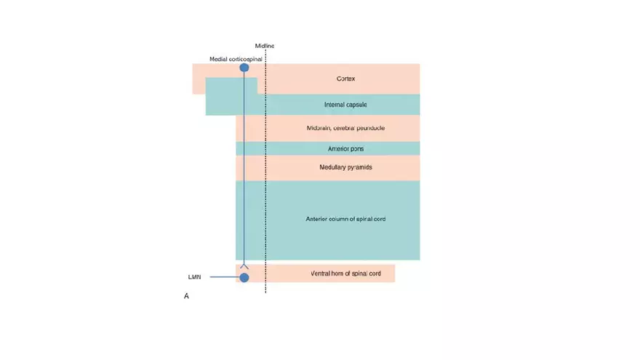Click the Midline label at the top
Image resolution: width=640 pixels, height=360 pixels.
[x=265, y=46]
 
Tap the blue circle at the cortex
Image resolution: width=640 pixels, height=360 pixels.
[x=244, y=68]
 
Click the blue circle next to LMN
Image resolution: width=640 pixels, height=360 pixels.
[x=244, y=277]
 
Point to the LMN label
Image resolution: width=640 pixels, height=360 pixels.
[x=195, y=277]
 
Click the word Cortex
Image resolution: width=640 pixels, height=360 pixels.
[x=345, y=79]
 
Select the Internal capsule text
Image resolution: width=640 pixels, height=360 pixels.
[x=345, y=105]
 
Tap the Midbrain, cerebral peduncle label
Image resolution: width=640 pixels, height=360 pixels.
[x=345, y=128]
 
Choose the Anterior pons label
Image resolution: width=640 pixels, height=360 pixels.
[x=345, y=148]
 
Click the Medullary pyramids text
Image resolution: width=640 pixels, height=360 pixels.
[x=345, y=167]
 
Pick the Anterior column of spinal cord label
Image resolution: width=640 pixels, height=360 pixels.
[x=345, y=219]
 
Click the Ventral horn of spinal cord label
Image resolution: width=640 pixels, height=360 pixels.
[x=345, y=273]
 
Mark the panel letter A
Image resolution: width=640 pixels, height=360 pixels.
[x=187, y=296]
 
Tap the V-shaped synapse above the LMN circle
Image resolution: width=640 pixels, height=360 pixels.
[x=244, y=267]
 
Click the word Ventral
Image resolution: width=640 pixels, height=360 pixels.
[x=320, y=273]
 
